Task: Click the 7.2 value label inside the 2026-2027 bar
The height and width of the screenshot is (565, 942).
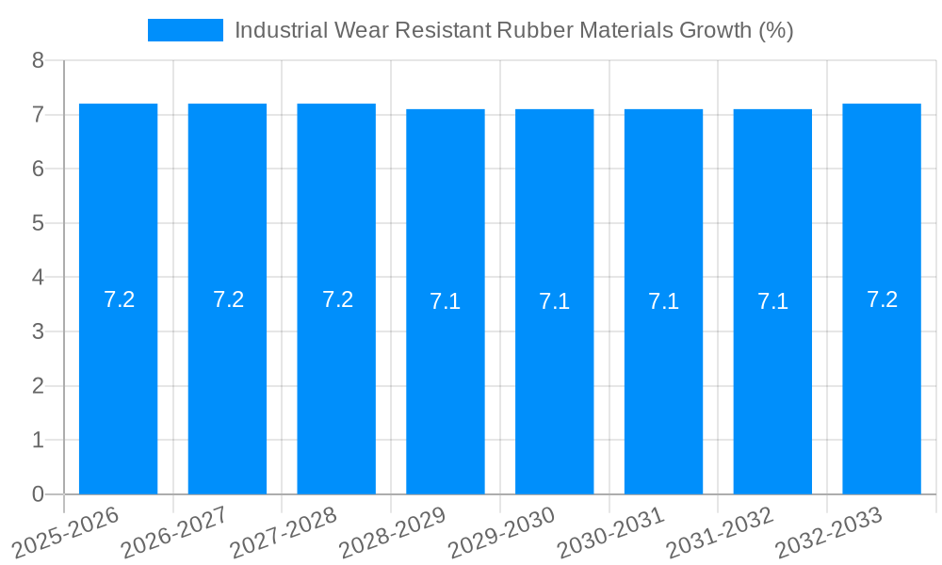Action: (228, 299)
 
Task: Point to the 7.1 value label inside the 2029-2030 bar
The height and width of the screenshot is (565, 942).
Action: (554, 301)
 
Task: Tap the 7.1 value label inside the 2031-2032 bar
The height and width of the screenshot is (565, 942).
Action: (772, 301)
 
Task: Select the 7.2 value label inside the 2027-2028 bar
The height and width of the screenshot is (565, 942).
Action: (337, 299)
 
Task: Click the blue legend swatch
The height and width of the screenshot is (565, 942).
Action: (186, 30)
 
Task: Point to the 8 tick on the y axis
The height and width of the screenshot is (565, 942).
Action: (38, 60)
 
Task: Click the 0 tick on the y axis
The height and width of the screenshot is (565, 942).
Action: (38, 494)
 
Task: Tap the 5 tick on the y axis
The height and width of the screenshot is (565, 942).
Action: (38, 223)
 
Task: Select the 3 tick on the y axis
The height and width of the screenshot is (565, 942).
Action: (38, 331)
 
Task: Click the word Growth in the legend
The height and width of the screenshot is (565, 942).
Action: (713, 30)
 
